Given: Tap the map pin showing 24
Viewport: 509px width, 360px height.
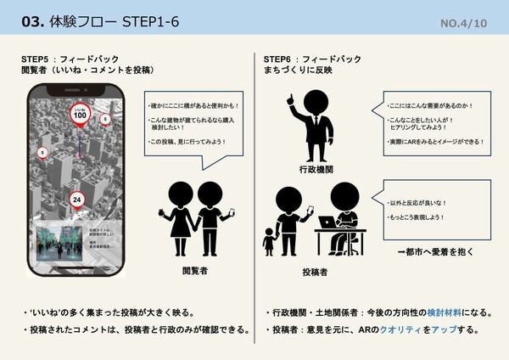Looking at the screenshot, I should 77,200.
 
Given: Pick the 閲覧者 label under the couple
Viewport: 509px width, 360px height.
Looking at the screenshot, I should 196,270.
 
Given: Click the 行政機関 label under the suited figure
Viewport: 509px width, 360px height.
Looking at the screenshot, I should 316,170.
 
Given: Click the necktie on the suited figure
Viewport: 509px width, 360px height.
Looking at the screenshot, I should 316,125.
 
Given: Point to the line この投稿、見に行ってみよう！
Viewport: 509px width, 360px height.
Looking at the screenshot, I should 188,141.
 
